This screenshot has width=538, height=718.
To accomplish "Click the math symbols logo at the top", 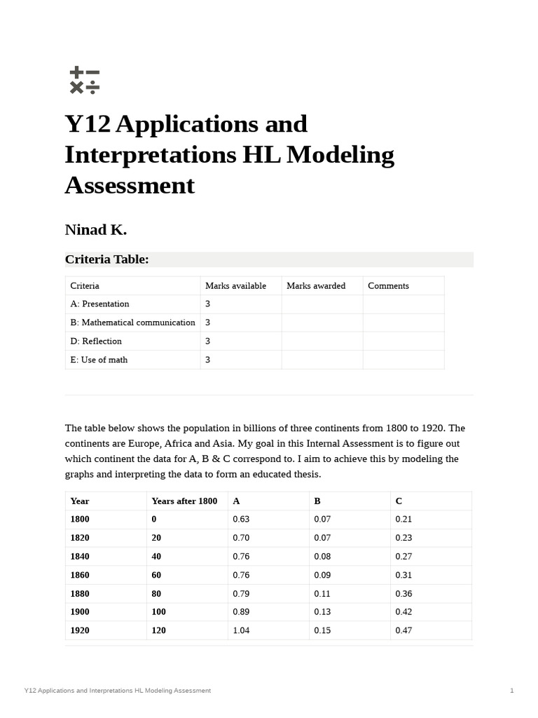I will click(85, 81).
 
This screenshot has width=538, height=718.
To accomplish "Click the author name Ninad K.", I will click(95, 230).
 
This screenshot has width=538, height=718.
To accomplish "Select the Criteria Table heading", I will click(106, 259).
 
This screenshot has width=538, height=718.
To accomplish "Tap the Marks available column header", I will click(235, 285).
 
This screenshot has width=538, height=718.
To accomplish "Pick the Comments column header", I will click(388, 285).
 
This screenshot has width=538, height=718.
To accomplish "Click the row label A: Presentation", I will click(99, 304).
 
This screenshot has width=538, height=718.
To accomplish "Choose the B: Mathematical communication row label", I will click(132, 323).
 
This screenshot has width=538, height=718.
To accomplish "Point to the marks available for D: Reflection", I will click(207, 341).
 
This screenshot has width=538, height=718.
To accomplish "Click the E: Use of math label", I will click(99, 360).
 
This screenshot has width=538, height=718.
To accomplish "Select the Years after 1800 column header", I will click(184, 501).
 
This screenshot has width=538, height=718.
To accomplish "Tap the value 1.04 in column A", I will click(241, 630).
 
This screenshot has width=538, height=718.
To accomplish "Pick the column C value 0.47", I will click(403, 630).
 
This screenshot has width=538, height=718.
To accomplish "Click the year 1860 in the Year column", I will click(80, 575).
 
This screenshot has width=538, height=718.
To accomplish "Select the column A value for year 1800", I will click(241, 519).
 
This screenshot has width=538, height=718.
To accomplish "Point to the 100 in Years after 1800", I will click(158, 611).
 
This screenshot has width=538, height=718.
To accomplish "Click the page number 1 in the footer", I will click(512, 691).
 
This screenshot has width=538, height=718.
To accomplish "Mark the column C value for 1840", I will click(403, 556).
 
